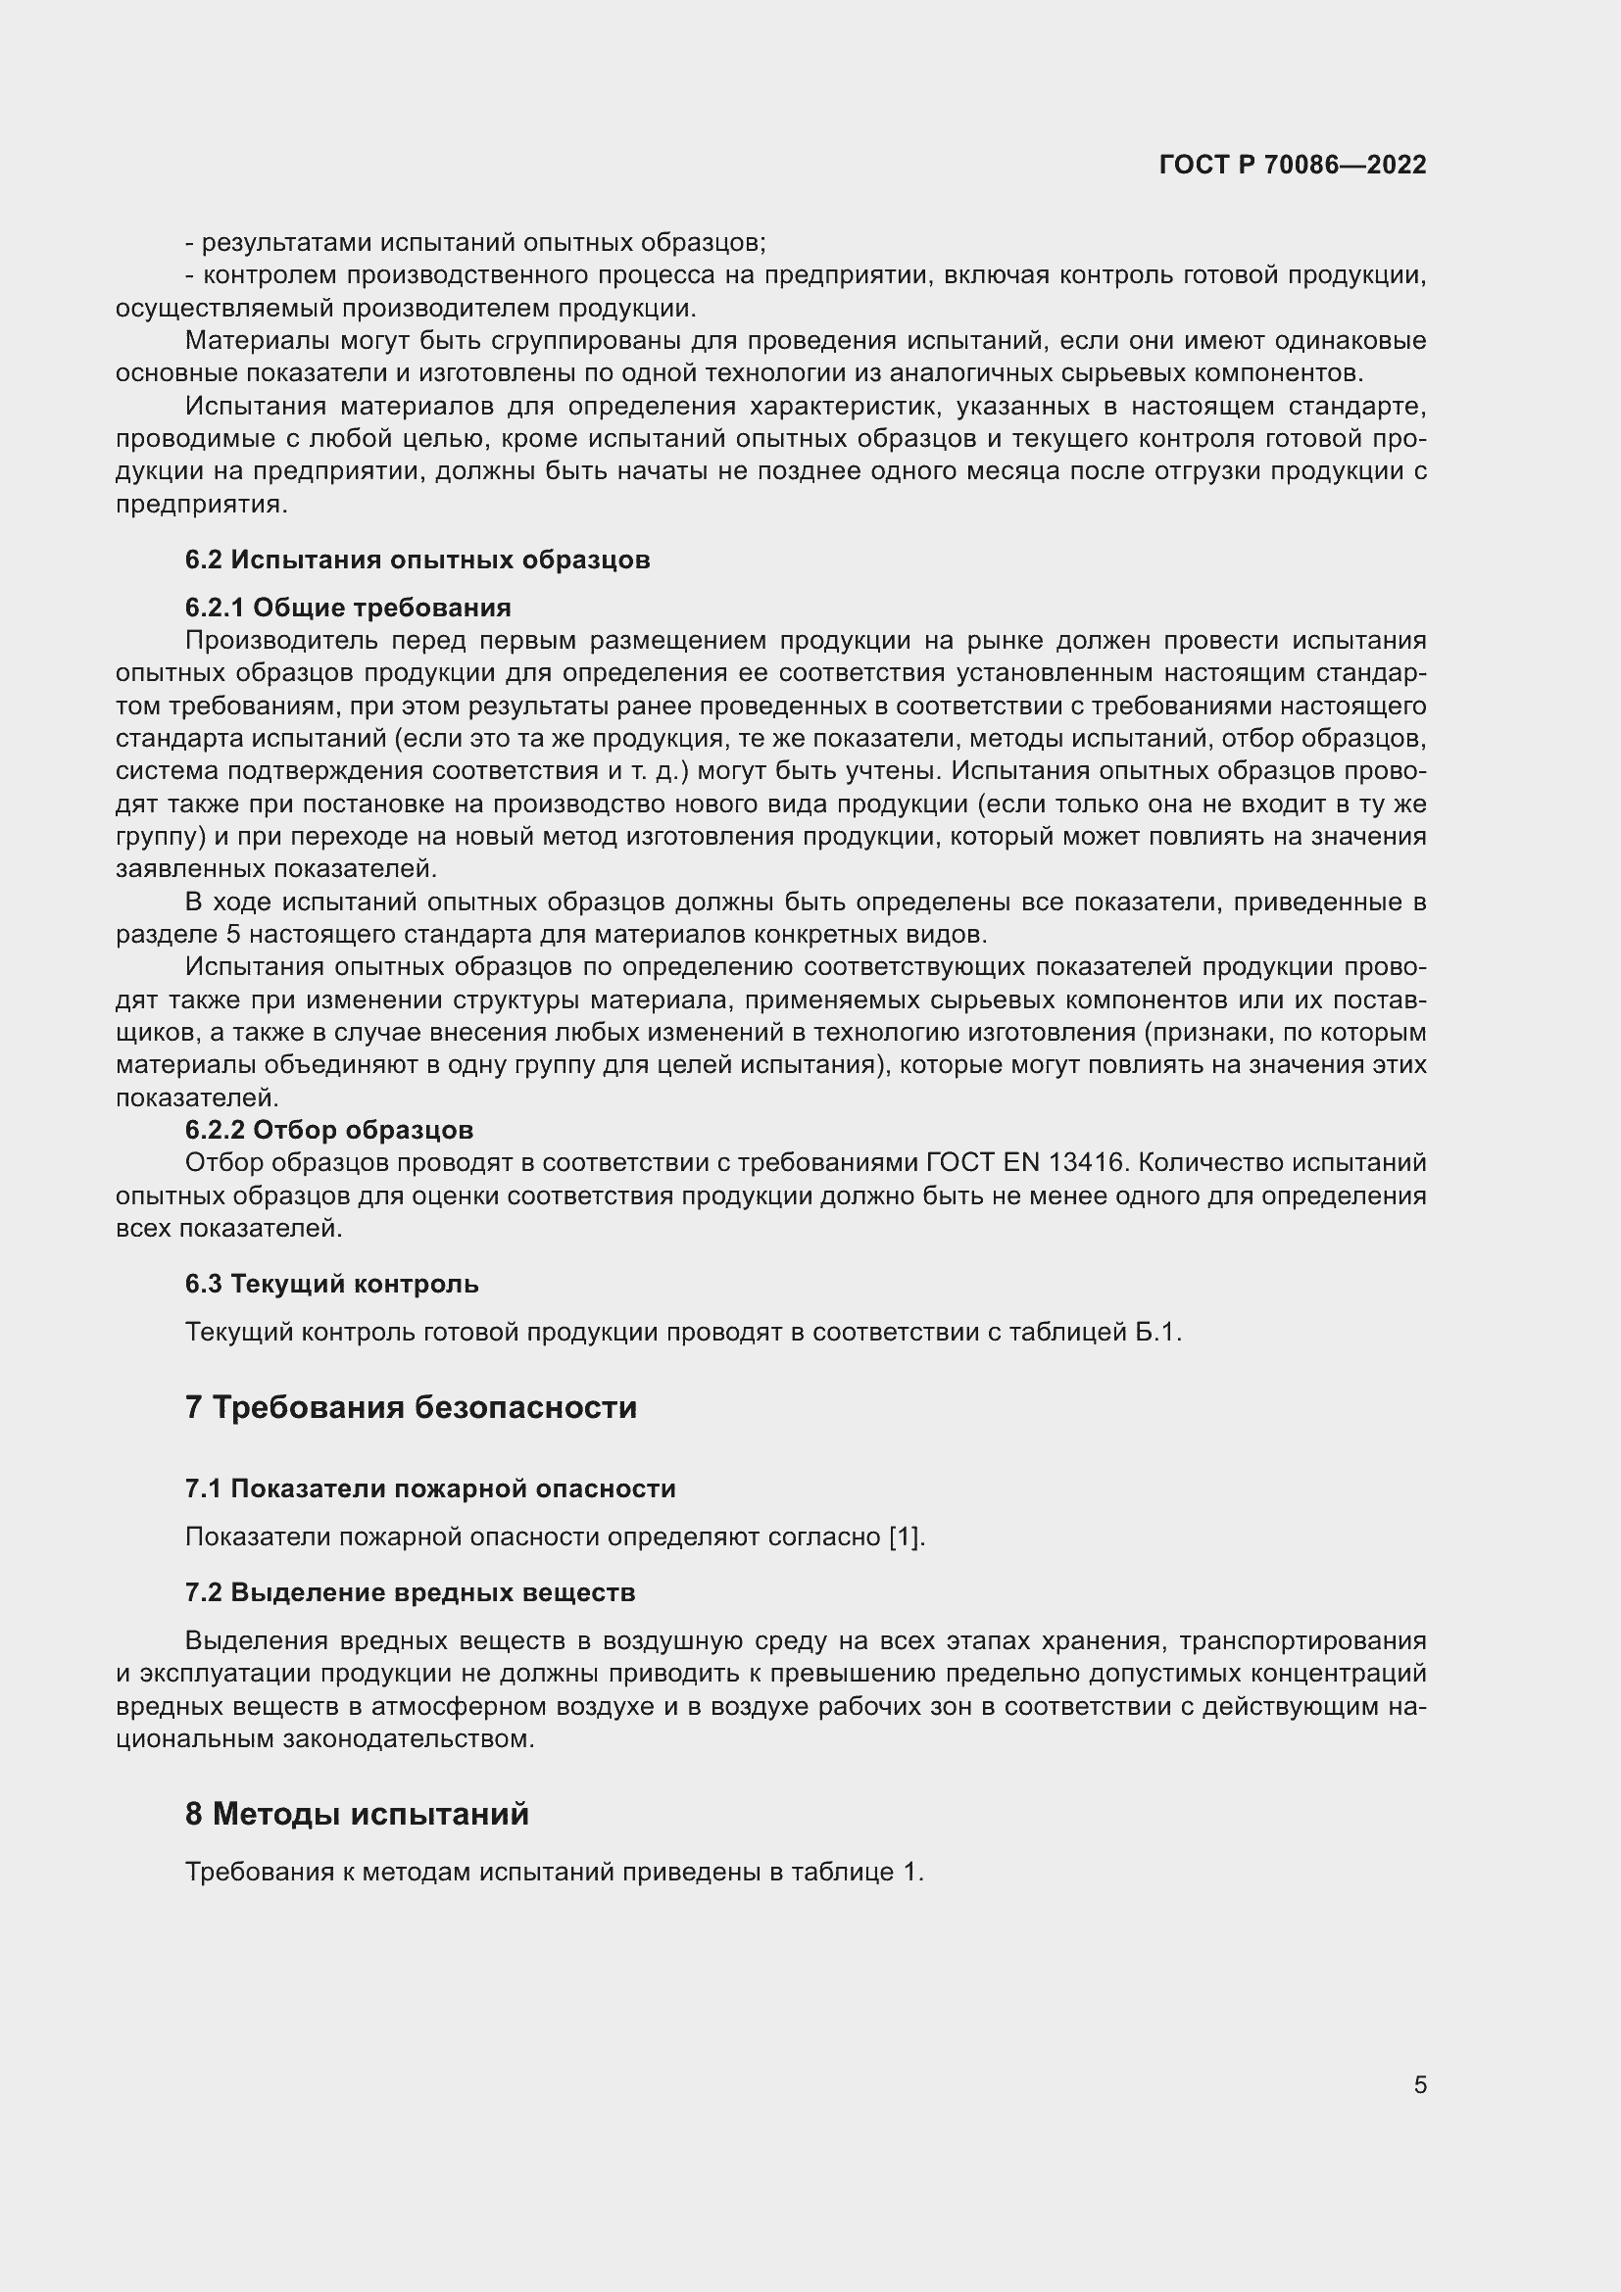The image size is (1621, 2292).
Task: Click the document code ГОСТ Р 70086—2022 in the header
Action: coord(1293,165)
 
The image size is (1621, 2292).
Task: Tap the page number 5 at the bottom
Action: coord(1419,2084)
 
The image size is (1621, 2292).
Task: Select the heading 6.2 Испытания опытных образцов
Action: coord(418,561)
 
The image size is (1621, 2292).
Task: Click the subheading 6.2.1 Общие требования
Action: coord(347,608)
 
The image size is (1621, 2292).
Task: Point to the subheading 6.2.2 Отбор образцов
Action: coord(328,1130)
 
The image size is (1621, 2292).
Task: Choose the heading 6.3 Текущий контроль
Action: coord(331,1284)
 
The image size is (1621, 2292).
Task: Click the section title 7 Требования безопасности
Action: coord(411,1407)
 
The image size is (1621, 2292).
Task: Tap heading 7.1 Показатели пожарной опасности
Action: coord(430,1488)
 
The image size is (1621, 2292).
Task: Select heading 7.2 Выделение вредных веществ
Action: coord(411,1592)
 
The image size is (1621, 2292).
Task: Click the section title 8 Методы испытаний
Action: coord(357,1814)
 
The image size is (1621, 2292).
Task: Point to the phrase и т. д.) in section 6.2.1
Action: coord(652,771)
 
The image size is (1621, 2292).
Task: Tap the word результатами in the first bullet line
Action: coord(283,243)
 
